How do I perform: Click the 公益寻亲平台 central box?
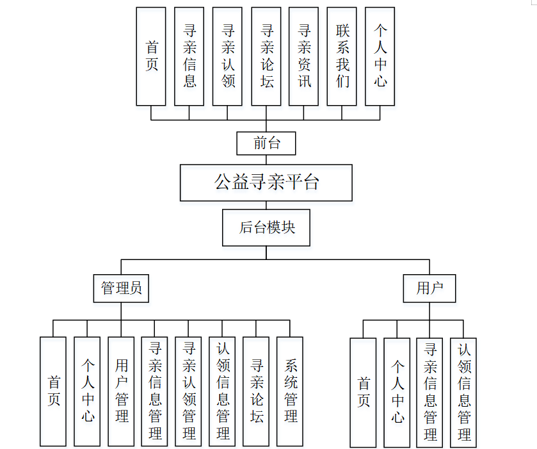point(266,183)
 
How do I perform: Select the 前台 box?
point(266,143)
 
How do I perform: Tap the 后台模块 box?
point(266,227)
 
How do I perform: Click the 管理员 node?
point(121,288)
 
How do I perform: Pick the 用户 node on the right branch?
point(429,288)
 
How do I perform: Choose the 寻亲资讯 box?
point(304,56)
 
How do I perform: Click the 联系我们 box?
point(342,56)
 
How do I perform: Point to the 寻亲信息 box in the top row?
point(189,56)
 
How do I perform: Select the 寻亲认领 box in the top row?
point(228,56)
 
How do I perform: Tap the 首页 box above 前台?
point(151,56)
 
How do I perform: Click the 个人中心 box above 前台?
point(380,56)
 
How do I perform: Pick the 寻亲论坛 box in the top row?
point(266,56)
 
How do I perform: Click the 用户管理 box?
point(121,391)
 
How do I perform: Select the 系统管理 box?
point(290,391)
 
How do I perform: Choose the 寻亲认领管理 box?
point(189,391)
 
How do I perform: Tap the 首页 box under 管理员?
point(53,391)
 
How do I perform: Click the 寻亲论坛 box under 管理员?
point(257,391)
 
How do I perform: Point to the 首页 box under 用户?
point(363,392)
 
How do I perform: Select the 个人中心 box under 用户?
point(397,392)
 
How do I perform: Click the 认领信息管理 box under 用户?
point(463,392)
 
